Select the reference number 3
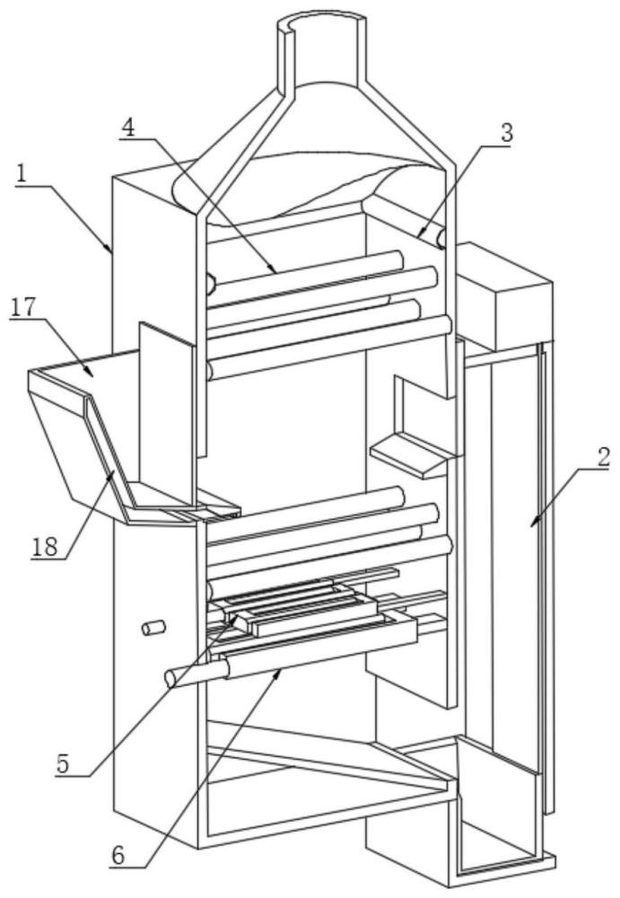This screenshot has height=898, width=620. coord(506,133)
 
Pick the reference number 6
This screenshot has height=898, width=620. coord(118,856)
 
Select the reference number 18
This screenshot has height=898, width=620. coord(45,548)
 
